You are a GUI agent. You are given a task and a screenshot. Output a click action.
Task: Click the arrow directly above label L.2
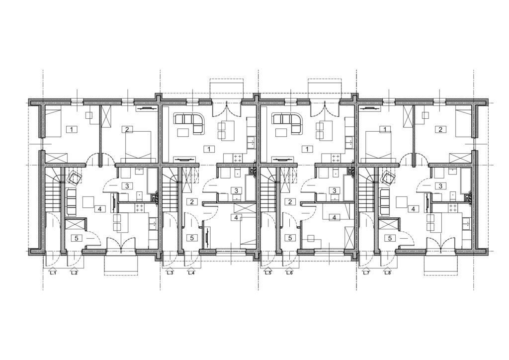click(74, 269)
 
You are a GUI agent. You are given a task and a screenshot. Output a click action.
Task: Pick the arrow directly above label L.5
click(268, 269)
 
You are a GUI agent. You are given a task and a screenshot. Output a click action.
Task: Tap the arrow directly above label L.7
click(366, 269)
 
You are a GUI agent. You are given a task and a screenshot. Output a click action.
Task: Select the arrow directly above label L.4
click(191, 269)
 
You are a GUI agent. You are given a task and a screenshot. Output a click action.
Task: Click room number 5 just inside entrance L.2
click(77, 238)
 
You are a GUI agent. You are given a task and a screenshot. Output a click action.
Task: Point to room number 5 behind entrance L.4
click(192, 238)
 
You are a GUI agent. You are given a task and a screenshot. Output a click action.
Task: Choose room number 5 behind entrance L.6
click(290, 238)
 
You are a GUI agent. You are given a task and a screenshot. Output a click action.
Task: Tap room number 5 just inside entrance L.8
click(390, 238)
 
